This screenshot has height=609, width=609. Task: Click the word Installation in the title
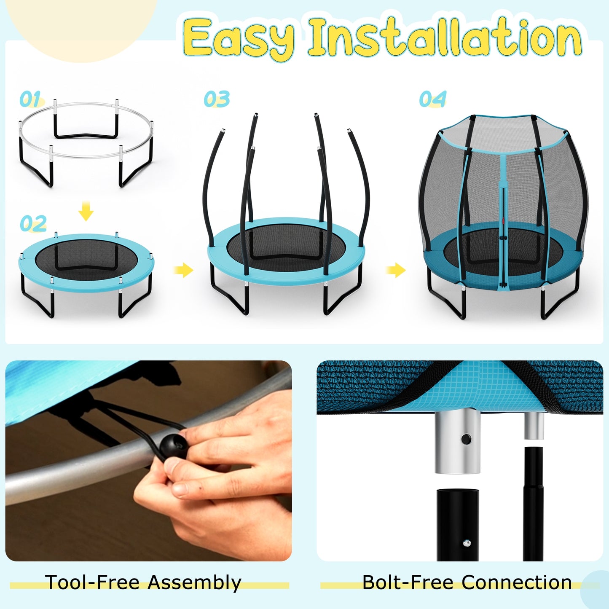tap(445, 38)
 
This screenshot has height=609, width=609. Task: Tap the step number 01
tap(30, 99)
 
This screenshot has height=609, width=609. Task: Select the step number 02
tap(33, 223)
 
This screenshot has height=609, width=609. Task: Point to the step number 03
tap(217, 99)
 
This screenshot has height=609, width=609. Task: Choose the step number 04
tap(432, 99)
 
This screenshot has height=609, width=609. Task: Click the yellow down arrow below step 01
tap(86, 211)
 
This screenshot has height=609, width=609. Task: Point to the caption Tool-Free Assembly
tap(143, 582)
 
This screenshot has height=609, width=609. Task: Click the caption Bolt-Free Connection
tap(467, 582)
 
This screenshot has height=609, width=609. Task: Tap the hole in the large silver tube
tap(466, 439)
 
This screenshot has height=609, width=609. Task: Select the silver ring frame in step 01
tap(86, 105)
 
